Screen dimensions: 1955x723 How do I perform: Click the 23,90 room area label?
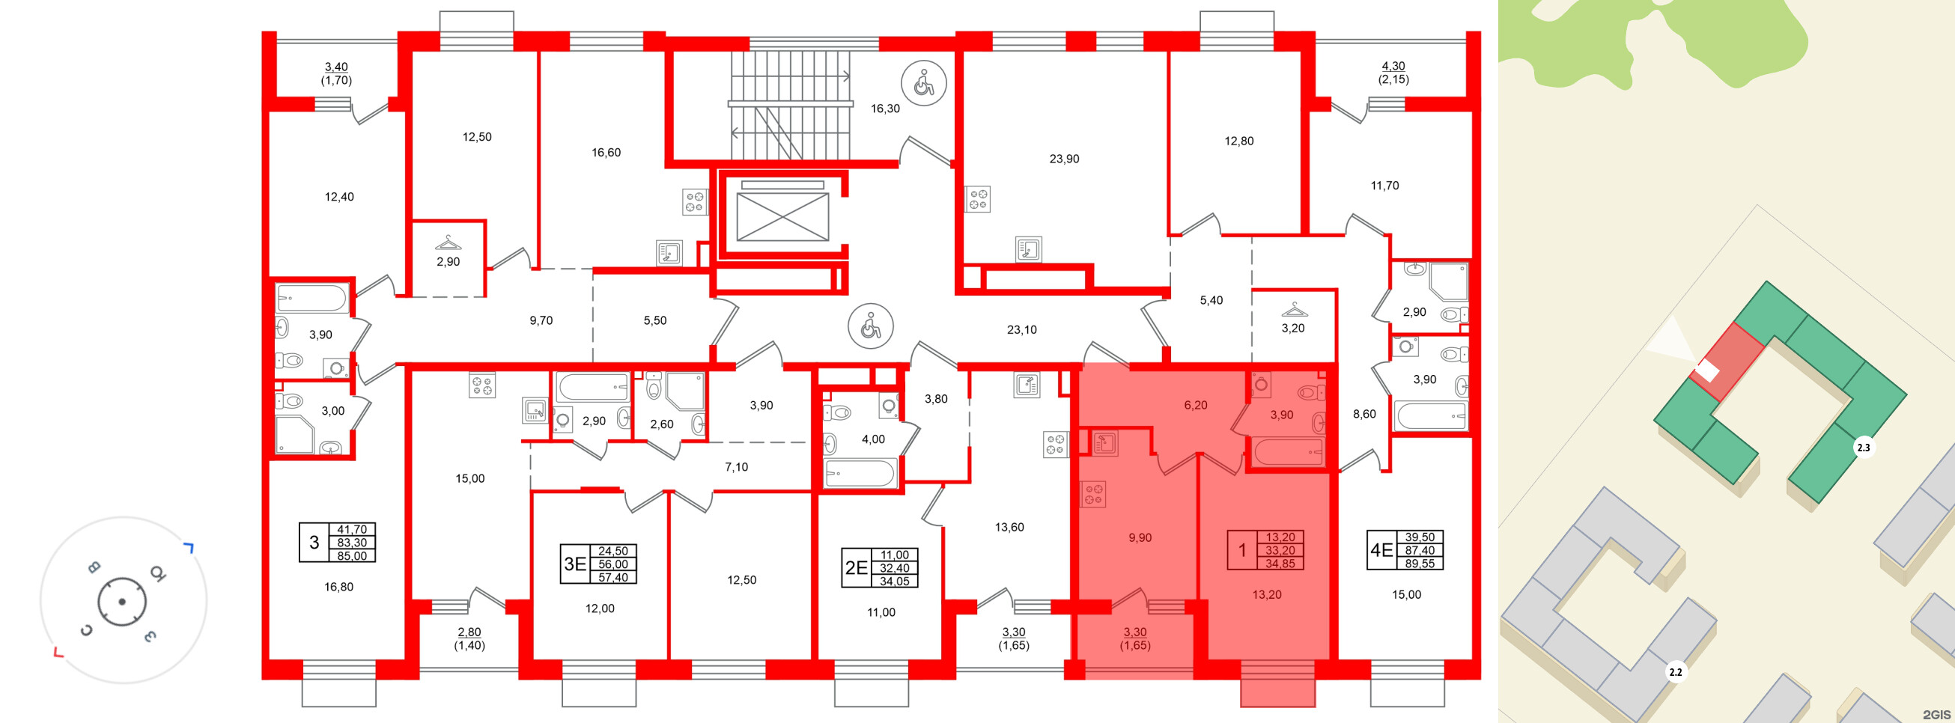click(1064, 159)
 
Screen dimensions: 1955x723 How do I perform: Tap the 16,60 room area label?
click(606, 153)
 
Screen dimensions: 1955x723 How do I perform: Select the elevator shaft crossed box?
click(782, 217)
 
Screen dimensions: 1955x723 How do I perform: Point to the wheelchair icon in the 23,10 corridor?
click(871, 326)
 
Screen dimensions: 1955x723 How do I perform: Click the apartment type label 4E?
click(1381, 550)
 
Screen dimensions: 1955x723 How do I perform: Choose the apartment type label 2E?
click(856, 567)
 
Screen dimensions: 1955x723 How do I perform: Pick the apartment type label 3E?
click(574, 564)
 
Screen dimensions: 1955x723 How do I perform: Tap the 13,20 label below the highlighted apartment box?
click(1267, 595)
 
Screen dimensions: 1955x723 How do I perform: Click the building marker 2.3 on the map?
click(1863, 448)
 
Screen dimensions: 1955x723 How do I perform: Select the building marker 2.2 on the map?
click(1675, 672)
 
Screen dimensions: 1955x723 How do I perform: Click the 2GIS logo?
click(1936, 715)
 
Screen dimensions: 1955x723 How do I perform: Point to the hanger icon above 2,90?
click(448, 242)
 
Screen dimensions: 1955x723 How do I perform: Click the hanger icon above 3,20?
click(1293, 310)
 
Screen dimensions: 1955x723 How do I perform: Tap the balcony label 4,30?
click(1393, 66)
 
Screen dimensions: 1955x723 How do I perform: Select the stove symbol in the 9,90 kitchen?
click(1093, 495)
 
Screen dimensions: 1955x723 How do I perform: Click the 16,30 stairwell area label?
click(885, 109)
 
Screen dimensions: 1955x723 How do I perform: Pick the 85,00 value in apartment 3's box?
click(351, 556)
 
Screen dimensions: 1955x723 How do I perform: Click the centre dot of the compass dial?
click(121, 602)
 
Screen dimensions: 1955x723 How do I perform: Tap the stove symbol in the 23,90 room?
click(978, 200)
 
